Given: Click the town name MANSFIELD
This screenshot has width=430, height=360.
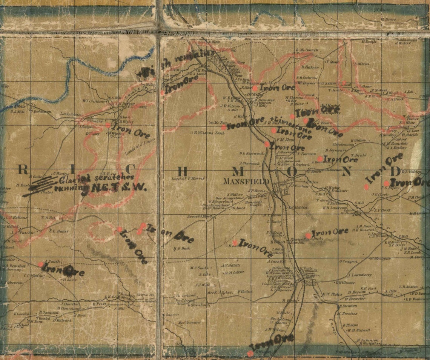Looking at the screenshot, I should (x=246, y=181).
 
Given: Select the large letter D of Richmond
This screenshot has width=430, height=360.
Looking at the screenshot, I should (x=395, y=171).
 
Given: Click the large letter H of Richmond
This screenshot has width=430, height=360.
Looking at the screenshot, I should (x=182, y=171).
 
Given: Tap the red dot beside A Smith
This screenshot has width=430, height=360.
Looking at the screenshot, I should (x=40, y=265).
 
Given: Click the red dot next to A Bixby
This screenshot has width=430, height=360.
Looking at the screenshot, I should (x=308, y=235).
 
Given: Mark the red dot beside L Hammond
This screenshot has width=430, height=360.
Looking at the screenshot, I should (x=320, y=159).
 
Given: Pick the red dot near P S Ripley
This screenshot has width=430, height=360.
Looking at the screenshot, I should (x=386, y=183).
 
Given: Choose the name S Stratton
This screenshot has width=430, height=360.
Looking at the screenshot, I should (x=348, y=306).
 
